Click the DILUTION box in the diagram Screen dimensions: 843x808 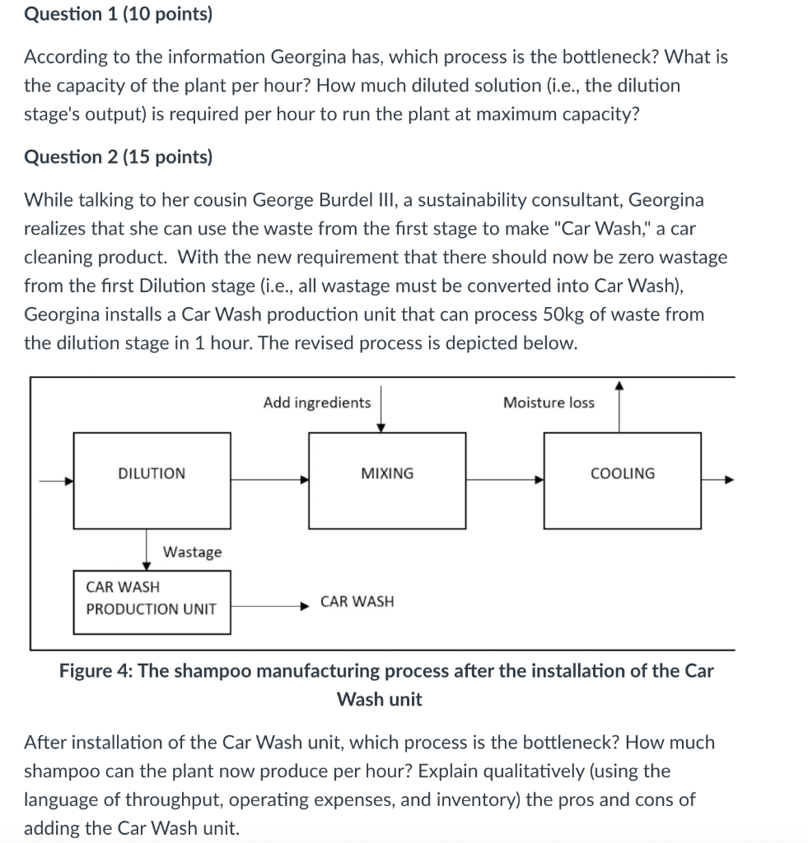pos(152,480)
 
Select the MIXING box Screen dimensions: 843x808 pos(387,480)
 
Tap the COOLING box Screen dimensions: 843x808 pos(623,480)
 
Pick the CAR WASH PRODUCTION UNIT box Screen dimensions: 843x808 pos(152,603)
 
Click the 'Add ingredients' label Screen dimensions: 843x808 pos(317,403)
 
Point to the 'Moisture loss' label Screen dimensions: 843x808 pos(549,403)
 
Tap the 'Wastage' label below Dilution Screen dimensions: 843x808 pos(192,552)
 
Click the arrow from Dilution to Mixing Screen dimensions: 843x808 pos(269,480)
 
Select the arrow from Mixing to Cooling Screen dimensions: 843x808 pos(505,480)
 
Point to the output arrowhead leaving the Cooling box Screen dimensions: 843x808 pos(728,480)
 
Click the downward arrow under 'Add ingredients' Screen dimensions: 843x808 pos(380,407)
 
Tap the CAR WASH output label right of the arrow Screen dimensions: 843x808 pos(357,602)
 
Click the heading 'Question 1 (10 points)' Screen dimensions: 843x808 pos(118,15)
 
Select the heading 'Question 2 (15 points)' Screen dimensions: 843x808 pos(118,156)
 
